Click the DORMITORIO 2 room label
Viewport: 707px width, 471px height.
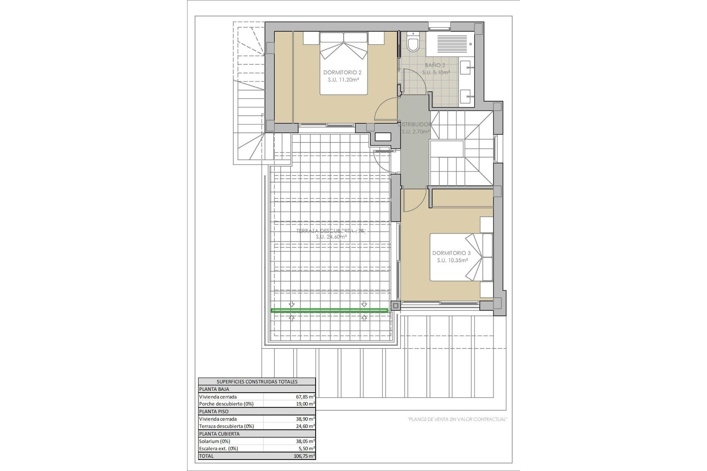342,72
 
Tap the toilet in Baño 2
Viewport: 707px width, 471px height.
413,43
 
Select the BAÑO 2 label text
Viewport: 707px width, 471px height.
435,65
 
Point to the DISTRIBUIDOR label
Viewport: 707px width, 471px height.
414,124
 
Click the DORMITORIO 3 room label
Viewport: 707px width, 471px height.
451,253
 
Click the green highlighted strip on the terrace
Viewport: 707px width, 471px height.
329,311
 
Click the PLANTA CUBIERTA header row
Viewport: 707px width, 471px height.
257,434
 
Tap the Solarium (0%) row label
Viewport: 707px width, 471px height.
215,441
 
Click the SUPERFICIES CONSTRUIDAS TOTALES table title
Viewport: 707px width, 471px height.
257,382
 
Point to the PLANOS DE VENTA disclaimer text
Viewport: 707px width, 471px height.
457,419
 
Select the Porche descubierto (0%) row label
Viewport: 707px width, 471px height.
226,404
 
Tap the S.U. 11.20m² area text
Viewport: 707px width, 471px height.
343,79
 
